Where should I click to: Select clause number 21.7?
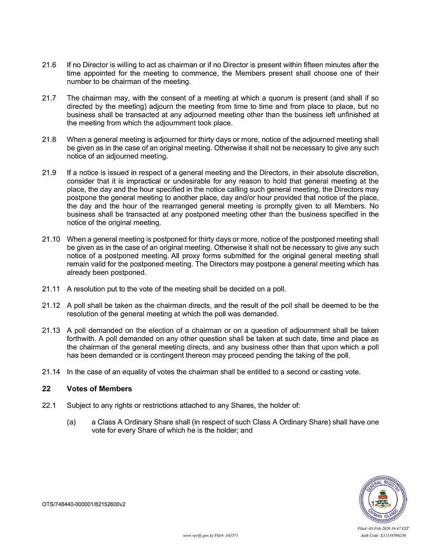coord(49,98)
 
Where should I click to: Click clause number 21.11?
coord(51,288)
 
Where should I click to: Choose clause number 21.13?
coord(51,330)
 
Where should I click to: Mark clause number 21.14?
coord(51,372)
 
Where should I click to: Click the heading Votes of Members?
coord(99,389)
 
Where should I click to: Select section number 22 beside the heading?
coord(46,389)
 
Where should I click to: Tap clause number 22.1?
coord(49,405)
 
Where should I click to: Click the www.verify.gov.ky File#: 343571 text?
coord(210,535)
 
